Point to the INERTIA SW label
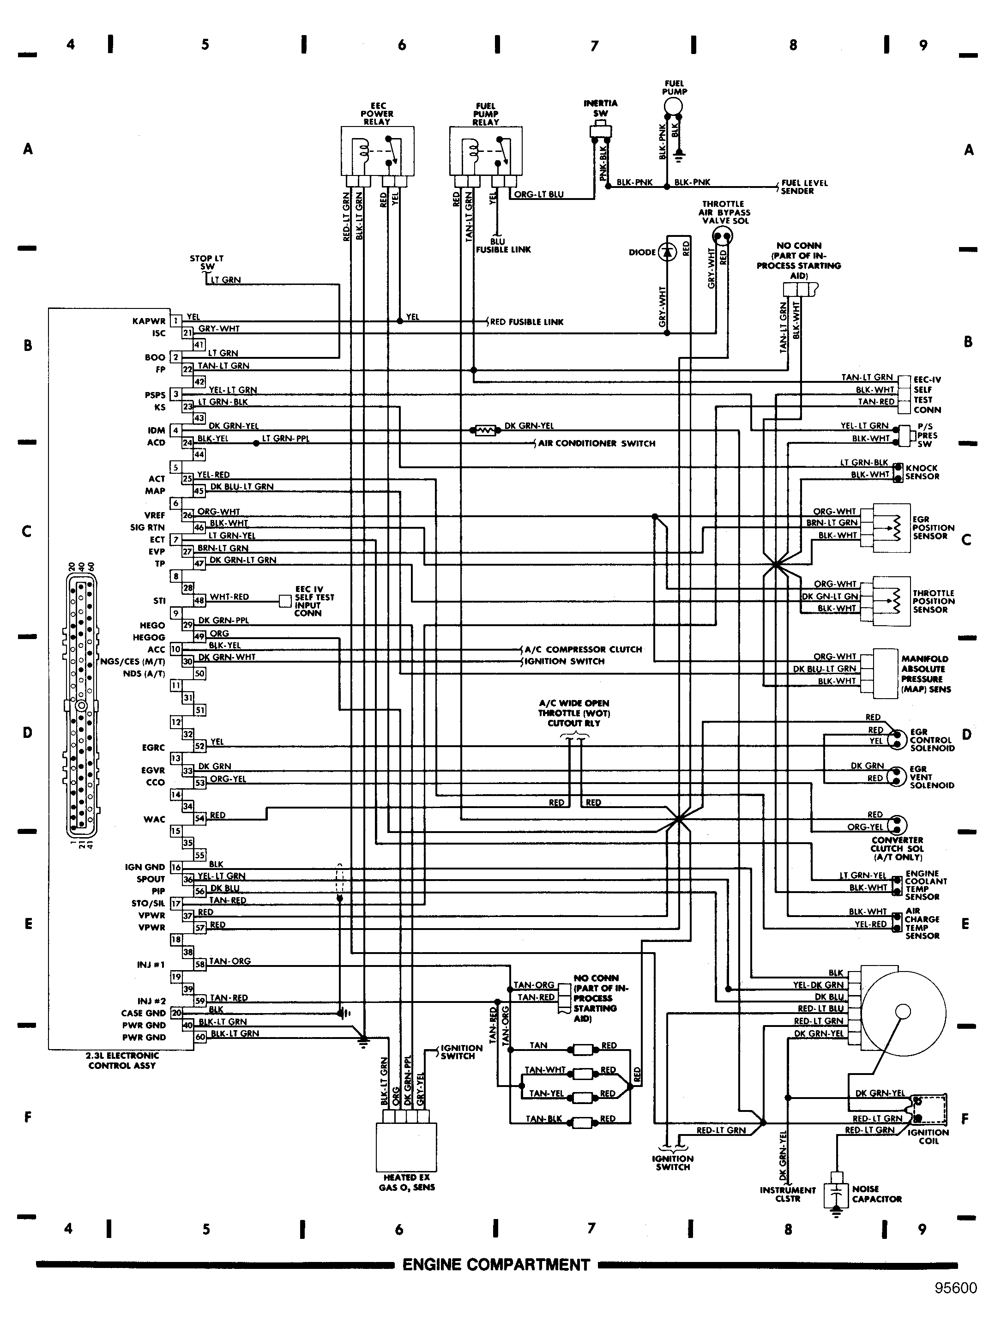600,108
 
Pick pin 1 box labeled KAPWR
176,320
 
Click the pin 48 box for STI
199,600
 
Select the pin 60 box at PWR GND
199,1037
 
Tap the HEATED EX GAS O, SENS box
406,1146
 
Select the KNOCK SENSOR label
922,472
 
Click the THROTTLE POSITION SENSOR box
891,596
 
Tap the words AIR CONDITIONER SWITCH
596,443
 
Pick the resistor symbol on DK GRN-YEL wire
485,430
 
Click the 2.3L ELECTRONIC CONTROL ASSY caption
122,1060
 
